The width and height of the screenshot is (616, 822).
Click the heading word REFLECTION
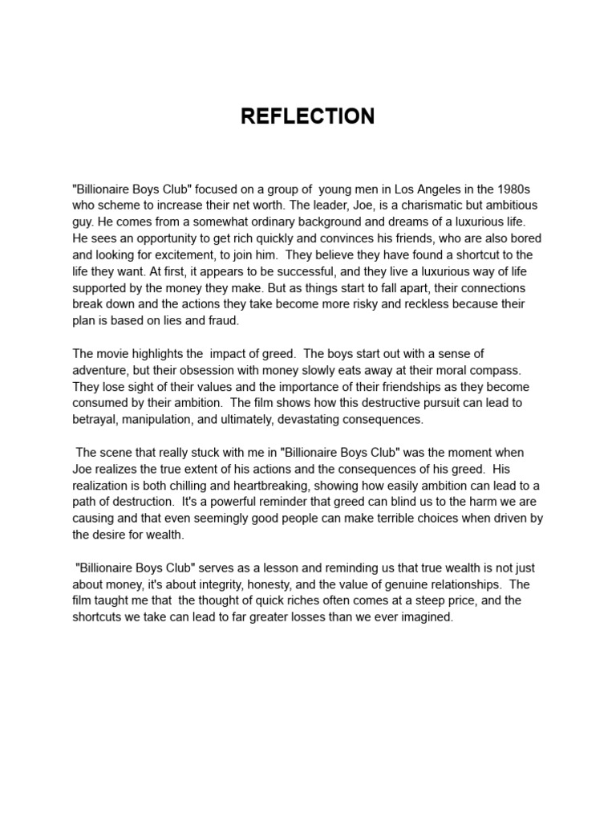point(308,117)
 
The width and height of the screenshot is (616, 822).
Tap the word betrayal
point(97,419)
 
